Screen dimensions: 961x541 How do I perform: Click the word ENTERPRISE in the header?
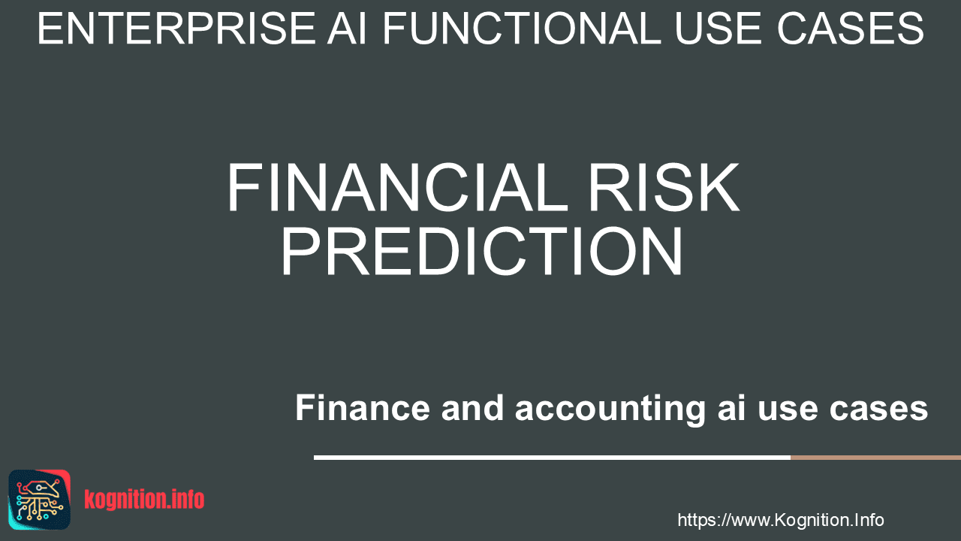click(x=176, y=29)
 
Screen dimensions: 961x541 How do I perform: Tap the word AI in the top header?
click(x=347, y=29)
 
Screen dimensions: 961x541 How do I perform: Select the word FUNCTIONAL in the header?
click(x=522, y=29)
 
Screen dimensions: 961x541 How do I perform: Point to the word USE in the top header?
click(x=720, y=29)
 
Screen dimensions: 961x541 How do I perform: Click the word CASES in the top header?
click(x=851, y=29)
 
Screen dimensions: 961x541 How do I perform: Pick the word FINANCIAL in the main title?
click(x=392, y=188)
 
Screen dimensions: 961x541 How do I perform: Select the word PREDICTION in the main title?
click(x=482, y=250)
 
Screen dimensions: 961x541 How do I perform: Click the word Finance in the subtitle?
click(x=363, y=407)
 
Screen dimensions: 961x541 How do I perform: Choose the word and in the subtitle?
click(x=472, y=407)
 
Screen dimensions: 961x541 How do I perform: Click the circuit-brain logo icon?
click(x=40, y=500)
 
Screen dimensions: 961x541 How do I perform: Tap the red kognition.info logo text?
click(x=144, y=500)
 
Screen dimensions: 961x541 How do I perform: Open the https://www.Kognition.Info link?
click(x=781, y=520)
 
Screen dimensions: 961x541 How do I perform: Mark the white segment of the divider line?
click(x=553, y=458)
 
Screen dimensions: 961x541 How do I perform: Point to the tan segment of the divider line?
click(x=876, y=458)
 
